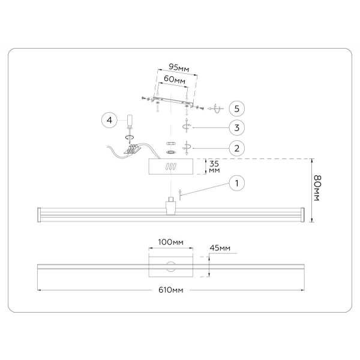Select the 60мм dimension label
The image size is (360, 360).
tap(173, 79)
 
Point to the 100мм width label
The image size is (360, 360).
tap(170, 242)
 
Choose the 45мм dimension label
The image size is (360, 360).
tap(220, 248)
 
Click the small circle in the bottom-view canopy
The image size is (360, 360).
tap(171, 265)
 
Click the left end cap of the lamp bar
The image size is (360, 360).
tap(40, 213)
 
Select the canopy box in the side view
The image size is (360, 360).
tap(171, 166)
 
